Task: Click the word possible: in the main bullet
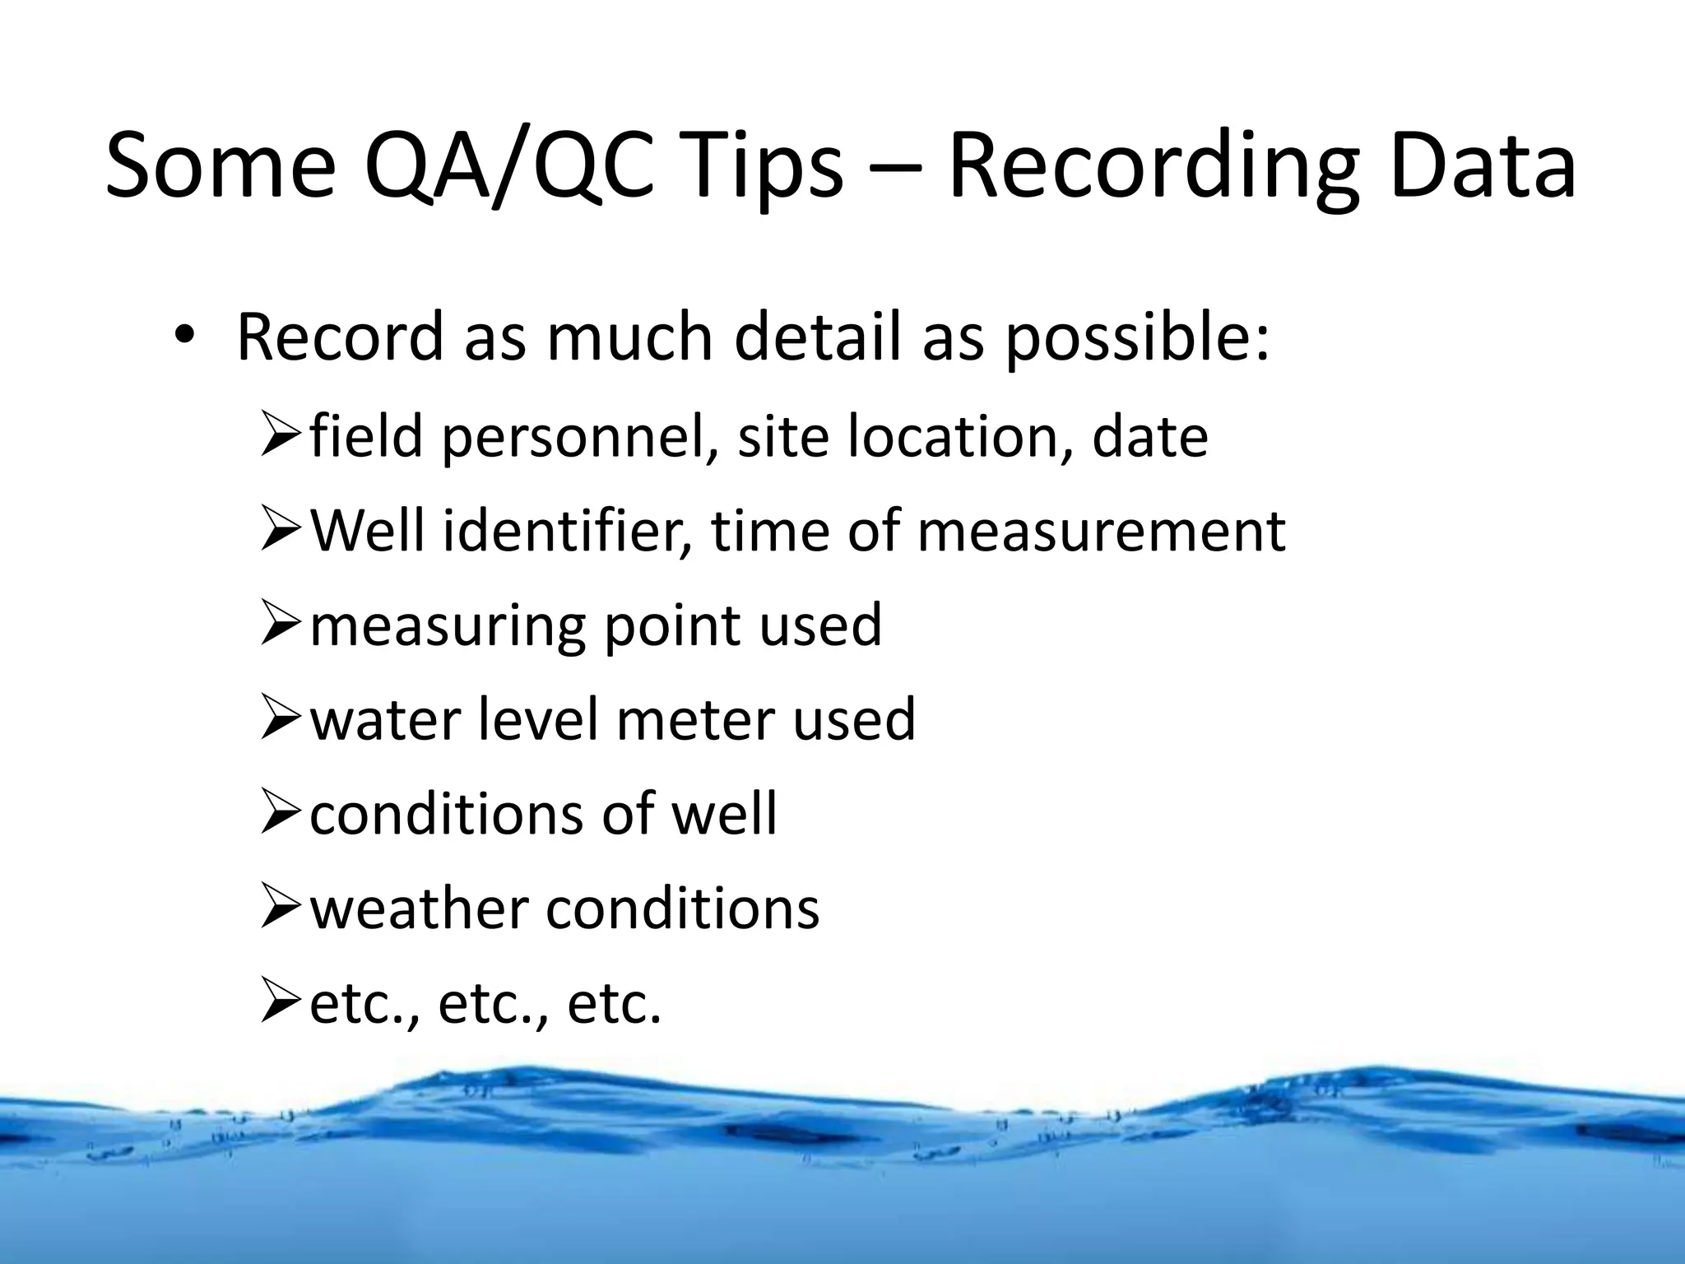point(1137,339)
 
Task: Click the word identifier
point(568,530)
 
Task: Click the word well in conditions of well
point(723,813)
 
